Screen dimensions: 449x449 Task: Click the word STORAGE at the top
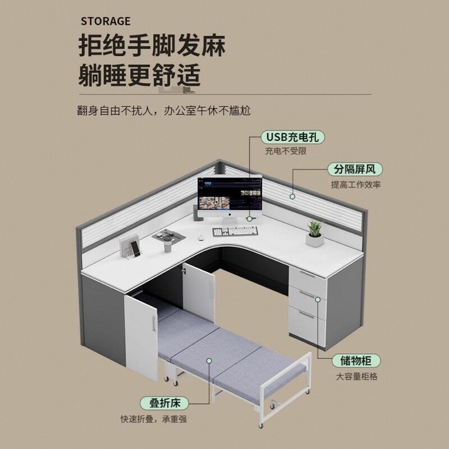point(106,21)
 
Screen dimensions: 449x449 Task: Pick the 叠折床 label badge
point(164,402)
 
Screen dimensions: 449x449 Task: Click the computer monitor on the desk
point(230,196)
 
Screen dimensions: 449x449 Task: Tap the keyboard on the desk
point(235,231)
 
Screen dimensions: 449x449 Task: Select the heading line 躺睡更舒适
point(139,76)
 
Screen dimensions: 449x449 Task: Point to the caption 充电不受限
point(286,151)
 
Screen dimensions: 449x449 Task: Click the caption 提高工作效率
point(356,185)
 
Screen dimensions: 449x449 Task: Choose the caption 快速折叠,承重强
point(155,419)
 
